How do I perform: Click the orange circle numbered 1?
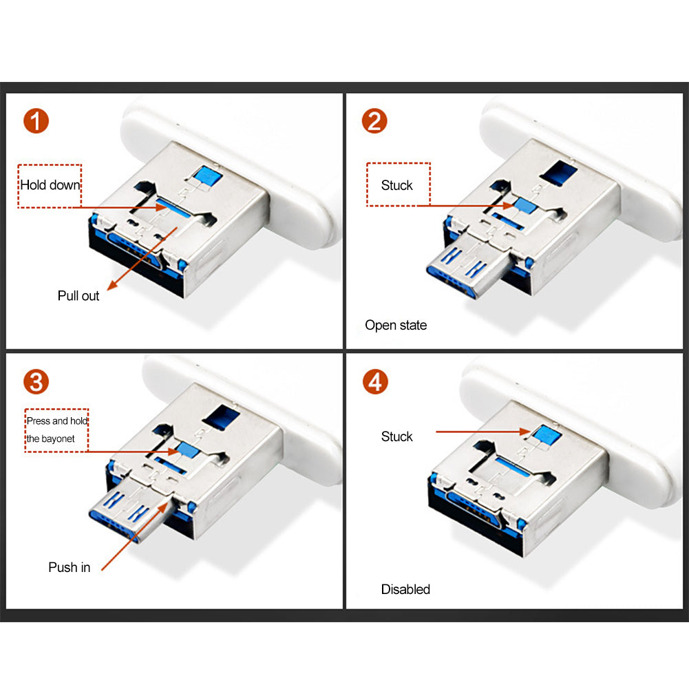[x=36, y=121]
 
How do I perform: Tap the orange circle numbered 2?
[x=374, y=121]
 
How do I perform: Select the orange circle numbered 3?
[x=36, y=381]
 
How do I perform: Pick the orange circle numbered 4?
[x=375, y=381]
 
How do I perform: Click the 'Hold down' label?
[x=50, y=185]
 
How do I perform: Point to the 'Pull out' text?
[x=78, y=296]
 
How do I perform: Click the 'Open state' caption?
[x=396, y=325]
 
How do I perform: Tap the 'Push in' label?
[x=69, y=567]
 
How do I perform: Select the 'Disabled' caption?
[x=405, y=589]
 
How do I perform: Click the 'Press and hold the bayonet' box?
[x=56, y=430]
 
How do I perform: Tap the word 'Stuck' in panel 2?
[x=396, y=185]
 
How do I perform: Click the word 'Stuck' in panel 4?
[x=396, y=436]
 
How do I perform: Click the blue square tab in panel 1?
[x=208, y=176]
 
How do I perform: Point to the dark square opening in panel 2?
[x=558, y=172]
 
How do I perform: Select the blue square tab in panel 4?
[x=547, y=436]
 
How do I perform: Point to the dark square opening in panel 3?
[x=222, y=416]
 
